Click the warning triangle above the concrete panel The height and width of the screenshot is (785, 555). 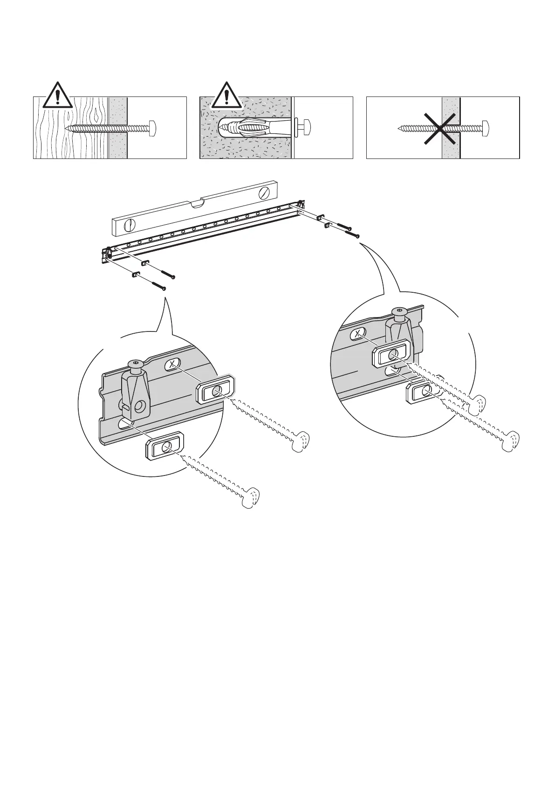[x=226, y=96]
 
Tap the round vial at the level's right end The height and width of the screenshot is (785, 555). [x=265, y=192]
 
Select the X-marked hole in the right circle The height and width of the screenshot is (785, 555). [x=357, y=334]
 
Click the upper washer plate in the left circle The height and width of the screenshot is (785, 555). [x=215, y=390]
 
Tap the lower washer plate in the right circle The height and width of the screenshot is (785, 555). [x=423, y=392]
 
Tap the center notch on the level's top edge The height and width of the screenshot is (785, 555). [x=198, y=202]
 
